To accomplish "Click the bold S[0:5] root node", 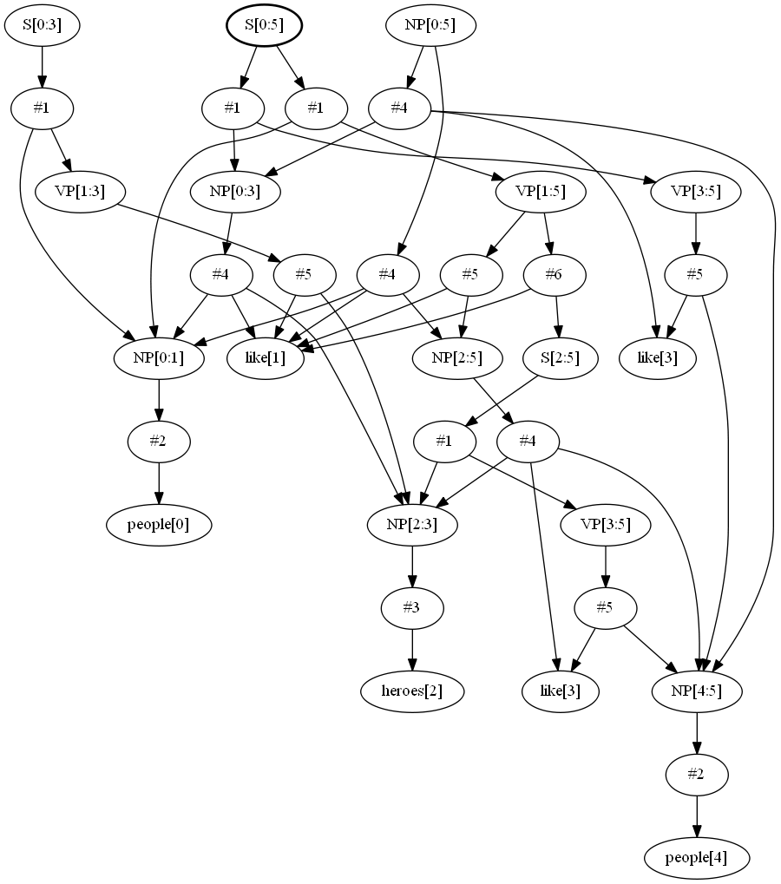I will pos(264,25).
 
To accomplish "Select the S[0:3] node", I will pos(42,25).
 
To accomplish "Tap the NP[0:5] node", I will pos(430,25).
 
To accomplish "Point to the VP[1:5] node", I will pos(530,192).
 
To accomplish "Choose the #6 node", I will pos(554,275).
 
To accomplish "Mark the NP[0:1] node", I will pos(159,358).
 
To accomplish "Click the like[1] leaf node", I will pos(266,358).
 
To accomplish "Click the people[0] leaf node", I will pos(159,525).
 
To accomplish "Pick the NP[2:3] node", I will pos(412,525).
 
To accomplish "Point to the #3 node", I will pos(412,608).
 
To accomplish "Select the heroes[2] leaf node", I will pos(412,691).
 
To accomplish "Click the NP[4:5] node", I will pos(698,691).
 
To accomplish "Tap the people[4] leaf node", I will pos(696,858).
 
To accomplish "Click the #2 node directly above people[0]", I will pos(159,442).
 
